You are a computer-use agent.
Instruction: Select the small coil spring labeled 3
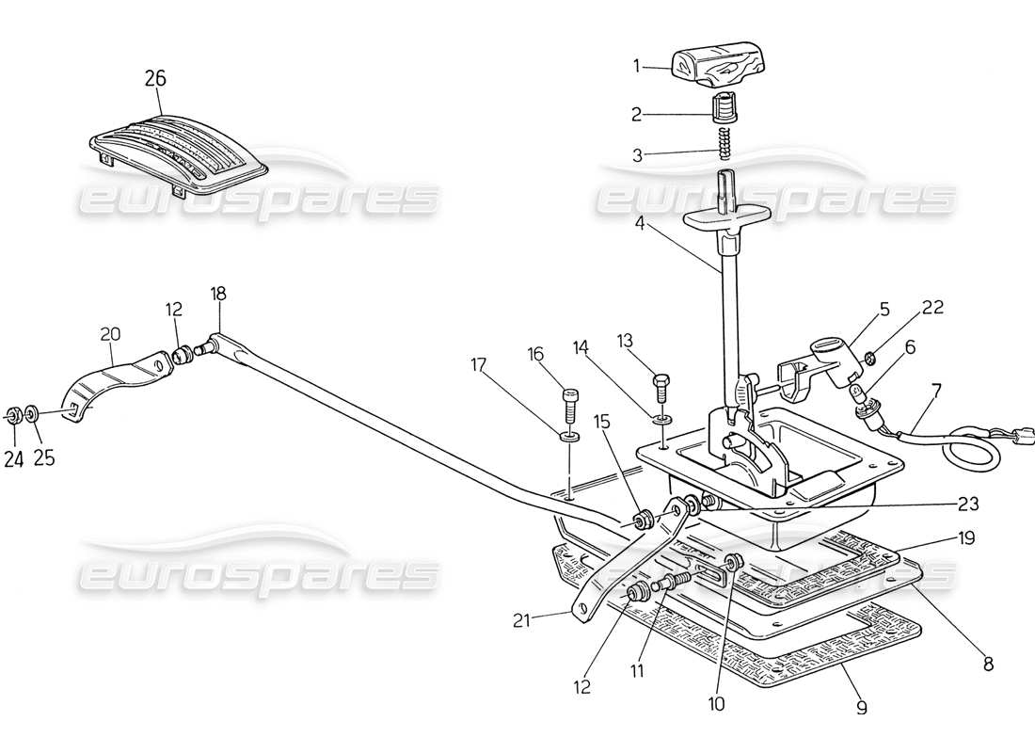pos(724,144)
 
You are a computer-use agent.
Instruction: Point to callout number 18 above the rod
pos(219,294)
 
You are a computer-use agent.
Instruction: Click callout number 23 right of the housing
pos(968,504)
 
